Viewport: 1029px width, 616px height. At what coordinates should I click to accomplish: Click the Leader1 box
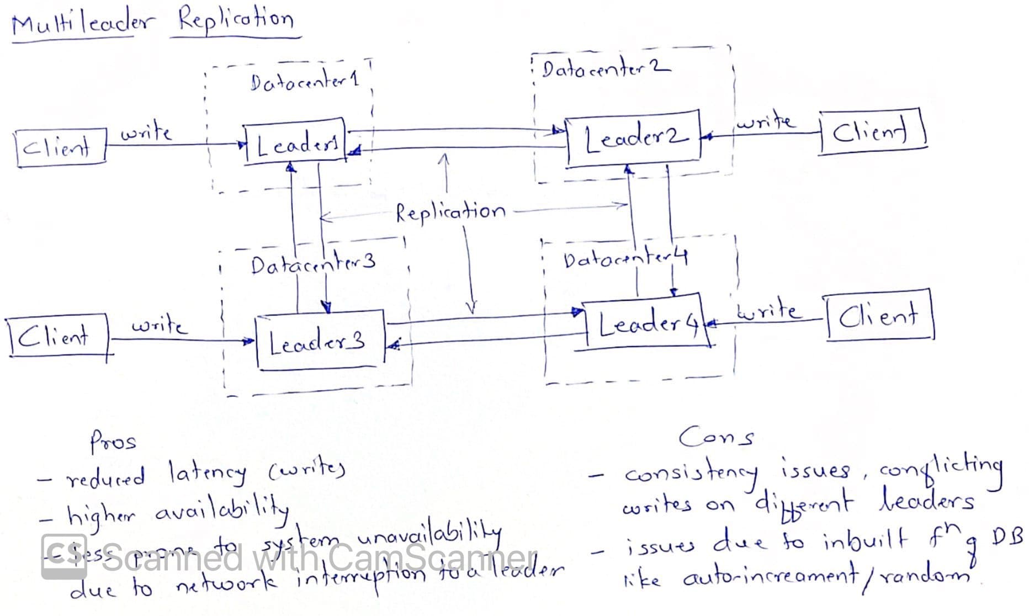coord(295,142)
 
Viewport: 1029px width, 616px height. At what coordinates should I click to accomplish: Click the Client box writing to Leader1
coord(61,146)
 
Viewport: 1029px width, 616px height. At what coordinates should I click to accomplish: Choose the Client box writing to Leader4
coord(879,316)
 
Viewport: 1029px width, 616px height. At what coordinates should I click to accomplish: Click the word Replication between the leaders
coord(450,211)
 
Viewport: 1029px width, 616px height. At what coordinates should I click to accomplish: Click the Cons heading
coord(717,437)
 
